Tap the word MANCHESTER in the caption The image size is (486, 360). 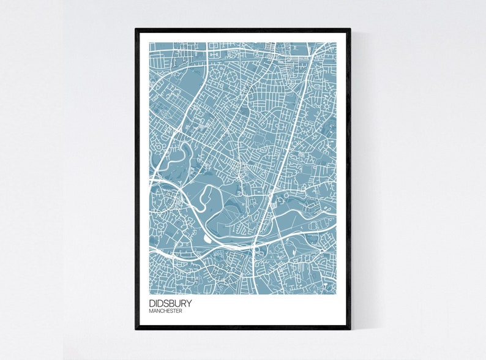[165, 311]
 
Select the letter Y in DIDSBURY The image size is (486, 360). [189, 303]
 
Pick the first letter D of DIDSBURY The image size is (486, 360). [151, 303]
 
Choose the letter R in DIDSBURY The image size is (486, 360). [182, 303]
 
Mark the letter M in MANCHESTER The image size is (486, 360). [151, 311]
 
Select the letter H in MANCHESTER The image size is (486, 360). [164, 311]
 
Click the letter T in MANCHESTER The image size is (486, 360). [174, 311]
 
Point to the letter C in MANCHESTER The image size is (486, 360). [160, 311]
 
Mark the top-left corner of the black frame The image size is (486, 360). [136, 29]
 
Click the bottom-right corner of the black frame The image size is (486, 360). [350, 329]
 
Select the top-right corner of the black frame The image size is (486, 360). [350, 29]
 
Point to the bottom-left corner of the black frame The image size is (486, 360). [136, 329]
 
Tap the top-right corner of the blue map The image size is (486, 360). [336, 42]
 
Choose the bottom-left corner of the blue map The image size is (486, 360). [149, 293]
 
